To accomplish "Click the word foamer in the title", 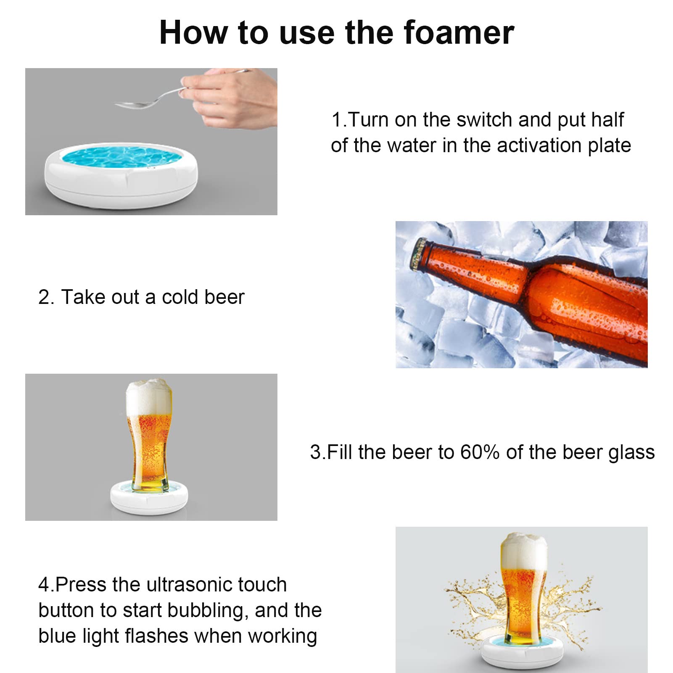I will pos(458,33).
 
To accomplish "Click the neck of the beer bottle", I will pos(471,269).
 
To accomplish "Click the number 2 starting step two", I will pos(44,297).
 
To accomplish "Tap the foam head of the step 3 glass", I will pos(149,397).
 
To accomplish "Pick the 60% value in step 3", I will pos(480,452).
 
